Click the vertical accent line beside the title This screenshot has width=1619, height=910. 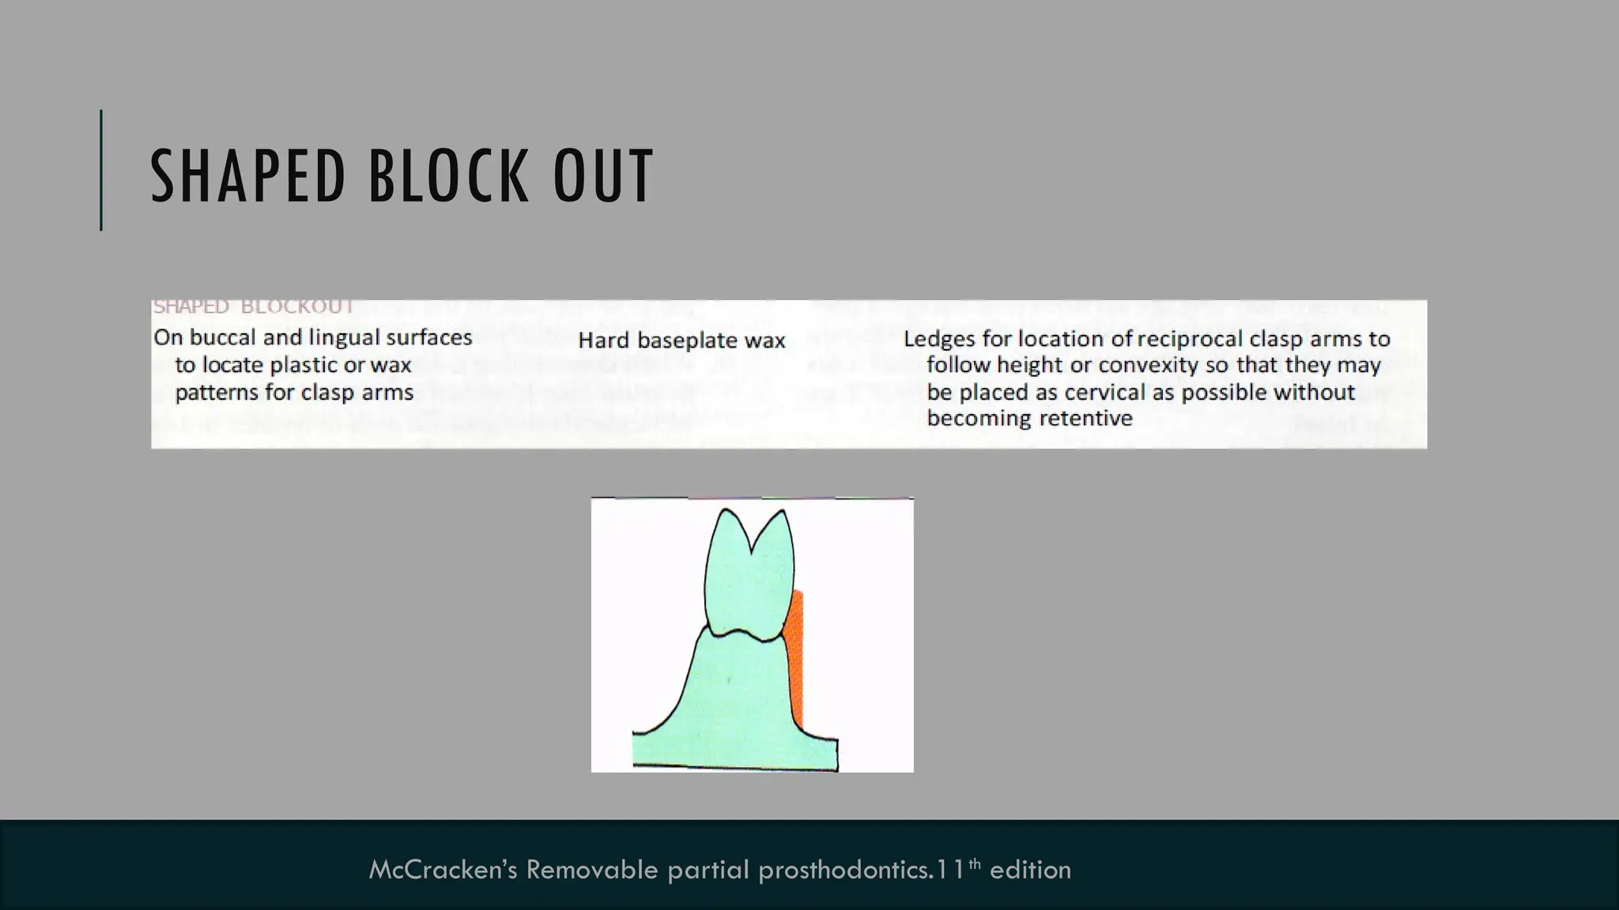pyautogui.click(x=101, y=170)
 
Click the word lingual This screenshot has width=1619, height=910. pyautogui.click(x=343, y=338)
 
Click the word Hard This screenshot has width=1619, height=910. pyautogui.click(x=605, y=340)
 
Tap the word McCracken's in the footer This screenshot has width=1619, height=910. pyautogui.click(x=443, y=870)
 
